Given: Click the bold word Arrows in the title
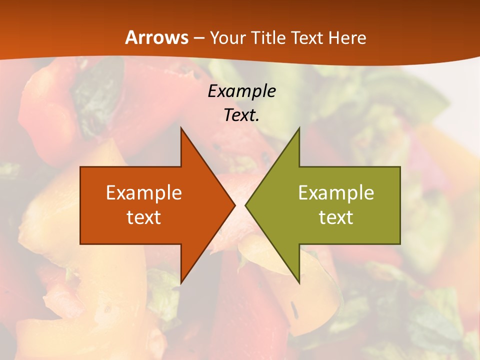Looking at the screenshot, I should pyautogui.click(x=156, y=37).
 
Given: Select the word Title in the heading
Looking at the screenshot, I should pyautogui.click(x=268, y=37).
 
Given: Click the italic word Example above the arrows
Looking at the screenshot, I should pyautogui.click(x=241, y=91).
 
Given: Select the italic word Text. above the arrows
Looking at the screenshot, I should pyautogui.click(x=241, y=115).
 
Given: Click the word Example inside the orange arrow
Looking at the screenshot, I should pyautogui.click(x=144, y=193).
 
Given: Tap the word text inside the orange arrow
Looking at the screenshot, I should pyautogui.click(x=144, y=217).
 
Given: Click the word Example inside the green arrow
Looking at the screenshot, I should pyautogui.click(x=336, y=193).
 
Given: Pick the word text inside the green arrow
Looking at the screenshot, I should pyautogui.click(x=336, y=217).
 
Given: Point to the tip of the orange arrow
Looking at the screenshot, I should pyautogui.click(x=235, y=205).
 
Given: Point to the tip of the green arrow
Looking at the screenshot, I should pyautogui.click(x=245, y=205).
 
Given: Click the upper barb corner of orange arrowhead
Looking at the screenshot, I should pyautogui.click(x=181, y=128).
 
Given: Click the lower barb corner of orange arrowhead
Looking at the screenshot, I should pyautogui.click(x=181, y=283).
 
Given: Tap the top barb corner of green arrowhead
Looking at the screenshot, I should pyautogui.click(x=299, y=128).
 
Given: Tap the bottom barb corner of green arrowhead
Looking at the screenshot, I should pyautogui.click(x=299, y=283).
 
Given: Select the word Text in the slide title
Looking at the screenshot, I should pyautogui.click(x=307, y=37).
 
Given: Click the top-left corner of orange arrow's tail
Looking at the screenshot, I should pyautogui.click(x=80, y=167).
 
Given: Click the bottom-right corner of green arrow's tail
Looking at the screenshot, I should pyautogui.click(x=400, y=243).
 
